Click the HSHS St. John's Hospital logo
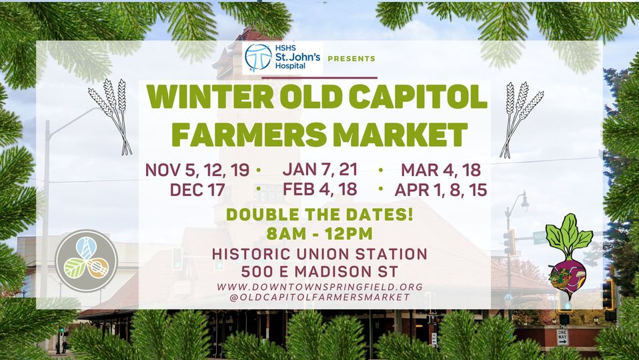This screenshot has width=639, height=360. [x=283, y=57]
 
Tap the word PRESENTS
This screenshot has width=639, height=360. [x=351, y=59]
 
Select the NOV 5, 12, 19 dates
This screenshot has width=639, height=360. [x=197, y=170]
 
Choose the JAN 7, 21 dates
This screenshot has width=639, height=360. [x=319, y=169]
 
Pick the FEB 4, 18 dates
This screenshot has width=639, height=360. [x=319, y=189]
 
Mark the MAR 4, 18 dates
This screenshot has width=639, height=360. [x=441, y=170]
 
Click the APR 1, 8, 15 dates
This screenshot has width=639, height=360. [x=441, y=190]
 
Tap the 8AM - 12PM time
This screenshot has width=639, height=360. [x=319, y=234]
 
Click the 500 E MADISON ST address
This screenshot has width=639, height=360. [x=319, y=272]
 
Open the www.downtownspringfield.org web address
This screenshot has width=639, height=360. [x=319, y=286]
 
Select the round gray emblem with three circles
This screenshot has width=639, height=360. [x=86, y=261]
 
